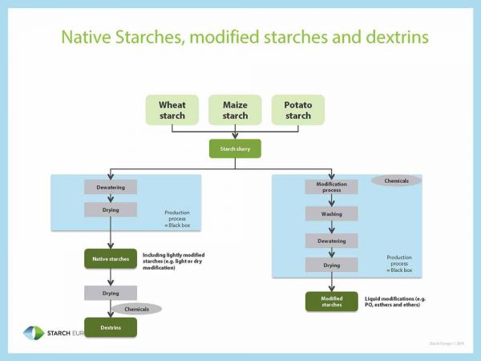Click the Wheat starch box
click(x=172, y=110)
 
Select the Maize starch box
click(x=235, y=110)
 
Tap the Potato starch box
click(x=297, y=110)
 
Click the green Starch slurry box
click(x=235, y=148)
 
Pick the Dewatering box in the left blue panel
click(x=111, y=187)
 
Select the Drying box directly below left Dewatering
click(x=111, y=209)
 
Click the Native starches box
click(x=111, y=258)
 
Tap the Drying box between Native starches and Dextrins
click(x=111, y=293)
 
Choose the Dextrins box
click(x=111, y=327)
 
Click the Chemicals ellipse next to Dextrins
click(x=136, y=309)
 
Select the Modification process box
click(x=331, y=187)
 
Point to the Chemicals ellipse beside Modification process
click(x=396, y=181)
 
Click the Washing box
click(x=331, y=214)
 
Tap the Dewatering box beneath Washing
click(x=331, y=240)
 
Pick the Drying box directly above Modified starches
click(x=331, y=265)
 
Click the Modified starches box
click(x=331, y=302)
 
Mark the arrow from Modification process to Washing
click(x=331, y=201)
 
